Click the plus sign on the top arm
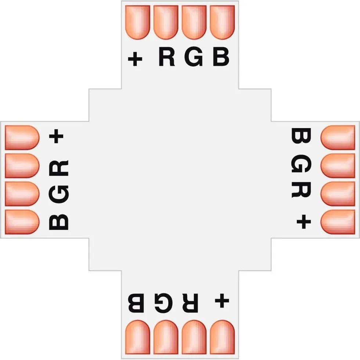(135, 59)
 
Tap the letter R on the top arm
(167, 57)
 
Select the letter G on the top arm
(194, 57)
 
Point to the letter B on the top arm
(221, 57)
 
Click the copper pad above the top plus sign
(138, 22)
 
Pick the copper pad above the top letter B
(222, 22)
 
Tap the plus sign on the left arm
(56, 136)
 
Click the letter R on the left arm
(59, 168)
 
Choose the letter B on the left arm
(59, 222)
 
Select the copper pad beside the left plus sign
(22, 137)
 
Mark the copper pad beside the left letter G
(22, 194)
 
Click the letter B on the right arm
(301, 136)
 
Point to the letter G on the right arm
(301, 163)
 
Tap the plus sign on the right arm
(304, 222)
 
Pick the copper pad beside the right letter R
(338, 194)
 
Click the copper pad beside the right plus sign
(338, 222)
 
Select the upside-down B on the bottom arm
(136, 303)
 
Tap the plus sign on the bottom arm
(222, 300)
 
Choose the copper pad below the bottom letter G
(166, 337)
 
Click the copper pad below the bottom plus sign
(222, 337)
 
